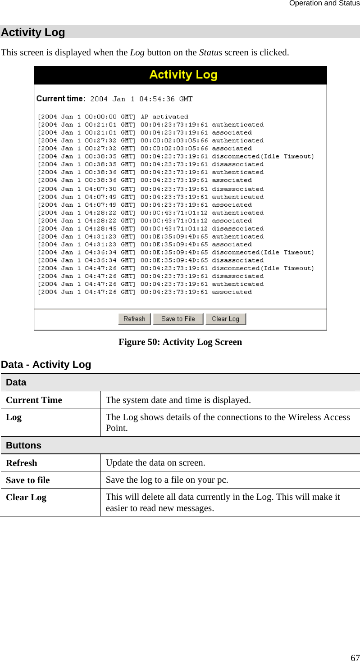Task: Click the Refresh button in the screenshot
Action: (134, 319)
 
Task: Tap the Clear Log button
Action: (225, 319)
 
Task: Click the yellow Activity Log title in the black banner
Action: (183, 75)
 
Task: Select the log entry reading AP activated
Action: (113, 117)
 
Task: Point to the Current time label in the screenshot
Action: (60, 99)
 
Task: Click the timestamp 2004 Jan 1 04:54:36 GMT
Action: (141, 99)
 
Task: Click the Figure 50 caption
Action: (180, 342)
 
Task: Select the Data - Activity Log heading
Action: (46, 365)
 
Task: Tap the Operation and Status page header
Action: (324, 4)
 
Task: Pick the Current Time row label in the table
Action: (34, 400)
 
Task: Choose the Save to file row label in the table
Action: (28, 480)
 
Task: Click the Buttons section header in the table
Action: (24, 445)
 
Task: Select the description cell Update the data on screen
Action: (155, 462)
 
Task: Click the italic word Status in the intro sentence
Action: (210, 52)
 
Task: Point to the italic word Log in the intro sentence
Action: (137, 52)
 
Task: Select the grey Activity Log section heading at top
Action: (33, 32)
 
